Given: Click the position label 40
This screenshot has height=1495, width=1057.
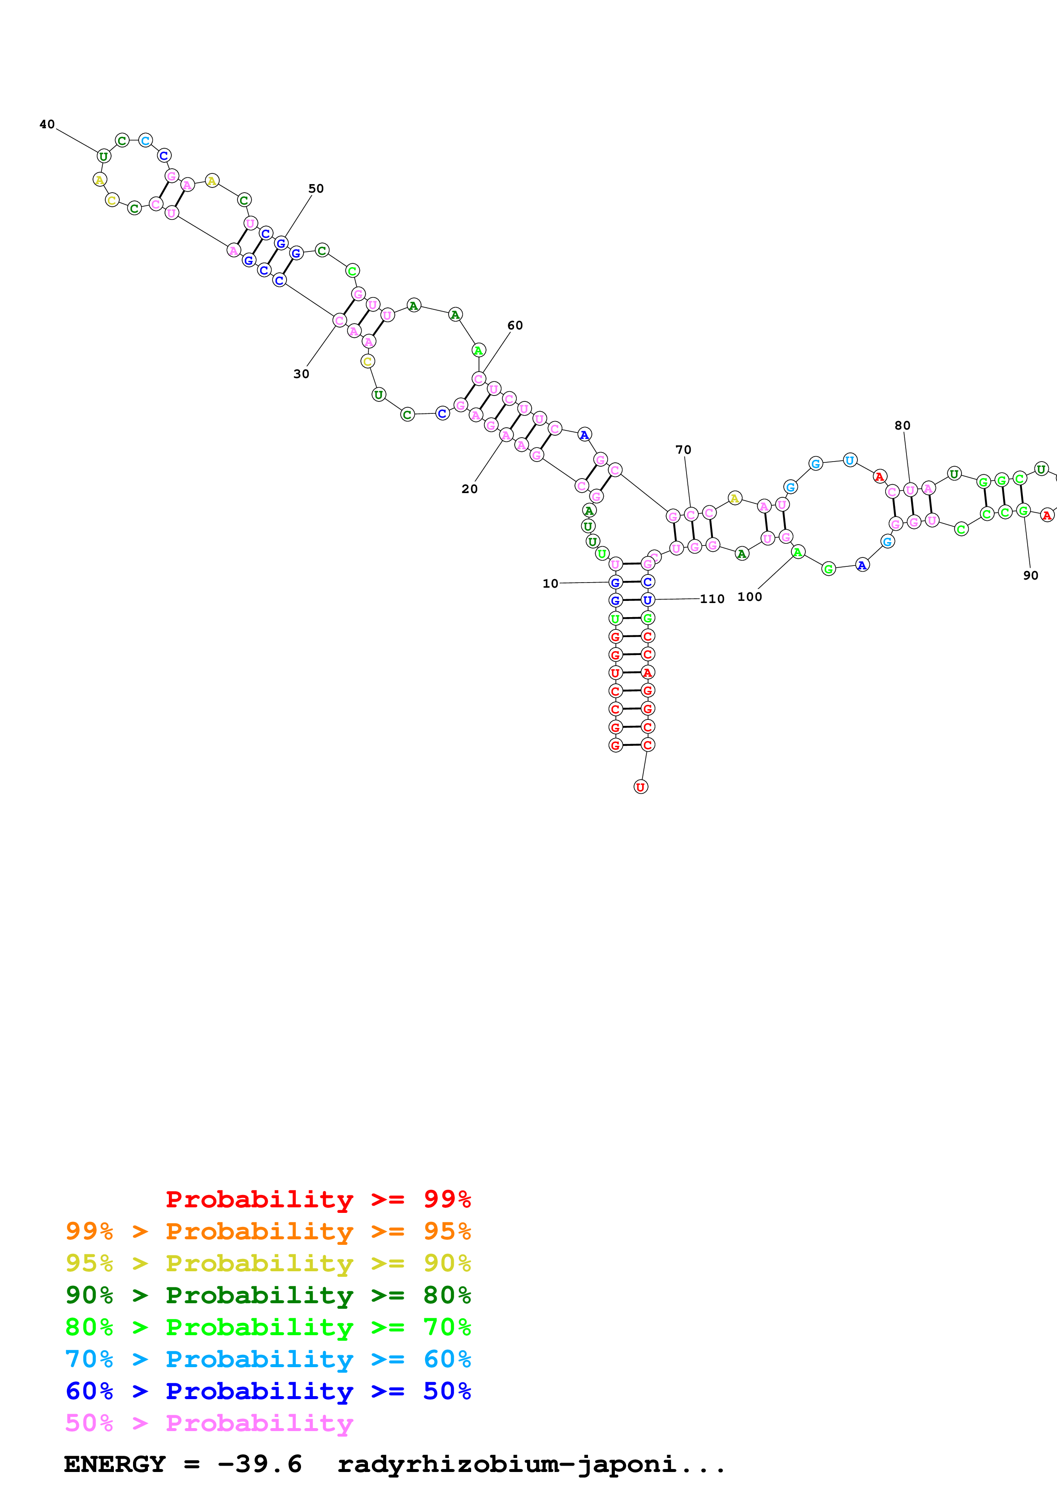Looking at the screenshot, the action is [x=47, y=124].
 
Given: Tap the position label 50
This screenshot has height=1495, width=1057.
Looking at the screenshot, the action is [x=316, y=189].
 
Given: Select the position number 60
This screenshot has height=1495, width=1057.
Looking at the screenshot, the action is [x=515, y=326].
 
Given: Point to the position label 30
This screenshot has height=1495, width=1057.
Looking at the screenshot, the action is [x=301, y=374].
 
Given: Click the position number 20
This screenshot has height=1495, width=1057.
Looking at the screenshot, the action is [x=469, y=489].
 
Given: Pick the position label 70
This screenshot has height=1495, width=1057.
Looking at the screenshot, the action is [x=683, y=450].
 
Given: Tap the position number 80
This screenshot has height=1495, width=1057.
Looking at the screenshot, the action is [x=902, y=426].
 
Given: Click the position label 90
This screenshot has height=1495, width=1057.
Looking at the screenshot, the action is [x=1030, y=576].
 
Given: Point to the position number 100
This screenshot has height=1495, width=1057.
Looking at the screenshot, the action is [x=750, y=597].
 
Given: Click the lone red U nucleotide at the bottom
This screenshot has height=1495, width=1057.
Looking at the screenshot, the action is [x=641, y=787].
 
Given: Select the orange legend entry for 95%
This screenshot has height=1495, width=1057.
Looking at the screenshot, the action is [x=268, y=1231].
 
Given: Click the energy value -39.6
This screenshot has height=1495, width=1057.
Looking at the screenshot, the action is [x=259, y=1464].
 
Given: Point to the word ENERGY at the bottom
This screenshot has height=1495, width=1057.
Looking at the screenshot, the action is [x=115, y=1464].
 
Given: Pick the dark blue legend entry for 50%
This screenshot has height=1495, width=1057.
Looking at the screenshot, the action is [x=268, y=1391].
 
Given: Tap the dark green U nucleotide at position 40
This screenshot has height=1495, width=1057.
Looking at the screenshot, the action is [x=104, y=156].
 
